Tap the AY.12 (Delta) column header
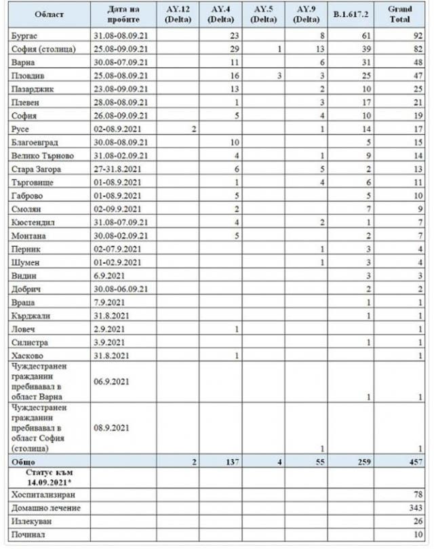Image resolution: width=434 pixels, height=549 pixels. point(176,14)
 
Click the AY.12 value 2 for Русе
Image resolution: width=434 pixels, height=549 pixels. point(193,129)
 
